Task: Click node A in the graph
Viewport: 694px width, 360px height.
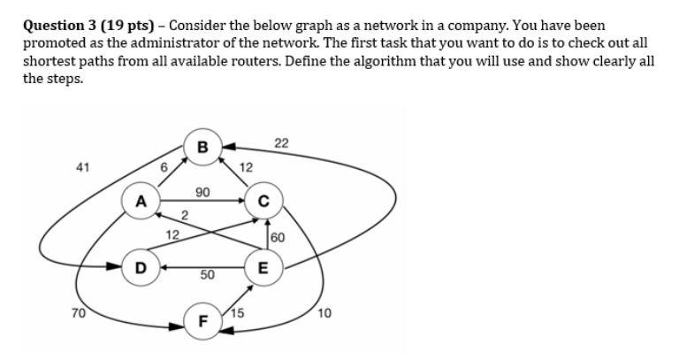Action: [139, 201]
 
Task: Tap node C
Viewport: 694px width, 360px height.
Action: [263, 201]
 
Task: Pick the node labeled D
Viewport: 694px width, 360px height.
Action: [139, 266]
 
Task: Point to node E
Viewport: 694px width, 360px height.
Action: [263, 267]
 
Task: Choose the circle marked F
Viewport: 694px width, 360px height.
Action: [202, 321]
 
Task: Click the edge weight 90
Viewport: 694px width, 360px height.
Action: [202, 191]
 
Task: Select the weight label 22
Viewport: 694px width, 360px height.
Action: [281, 143]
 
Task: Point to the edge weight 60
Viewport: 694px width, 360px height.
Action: [278, 237]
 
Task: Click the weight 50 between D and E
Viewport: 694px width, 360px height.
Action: [207, 276]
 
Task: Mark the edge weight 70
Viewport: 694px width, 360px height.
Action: [78, 312]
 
